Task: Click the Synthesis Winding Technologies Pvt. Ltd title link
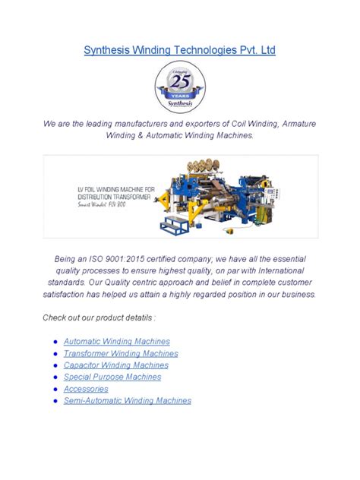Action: pos(178,50)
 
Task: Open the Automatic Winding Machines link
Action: pos(116,342)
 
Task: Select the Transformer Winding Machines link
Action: pos(121,354)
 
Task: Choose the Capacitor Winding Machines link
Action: pos(117,365)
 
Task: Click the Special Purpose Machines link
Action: pos(112,377)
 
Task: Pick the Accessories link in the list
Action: pos(86,389)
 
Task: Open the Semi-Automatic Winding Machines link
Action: pos(127,400)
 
